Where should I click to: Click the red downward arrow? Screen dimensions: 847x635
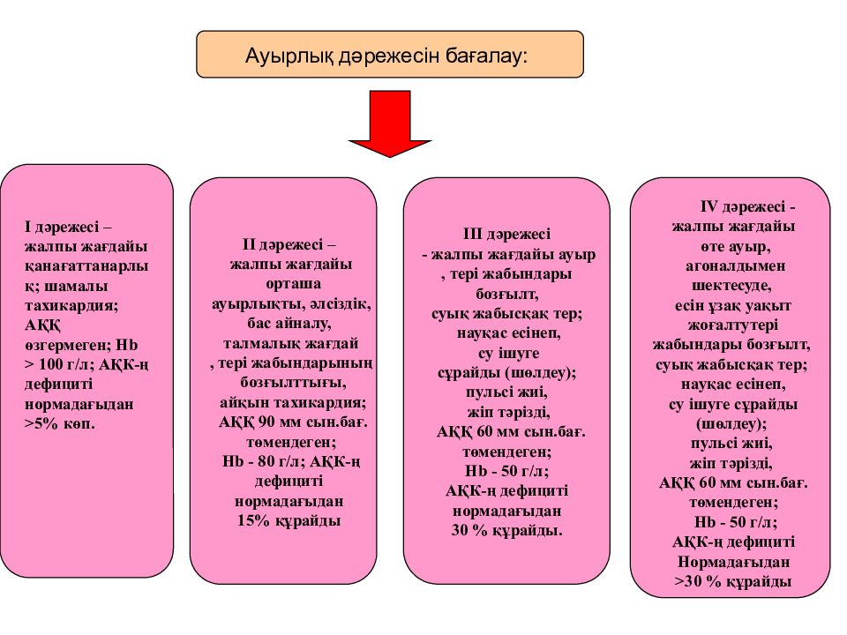[389, 123]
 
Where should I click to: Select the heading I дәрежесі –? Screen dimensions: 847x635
[68, 227]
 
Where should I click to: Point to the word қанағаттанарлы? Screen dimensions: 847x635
[86, 266]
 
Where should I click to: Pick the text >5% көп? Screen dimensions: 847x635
[59, 423]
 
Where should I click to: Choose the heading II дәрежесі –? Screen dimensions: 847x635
[289, 244]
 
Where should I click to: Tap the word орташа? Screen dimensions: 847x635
[293, 284]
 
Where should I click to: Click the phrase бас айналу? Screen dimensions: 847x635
[289, 324]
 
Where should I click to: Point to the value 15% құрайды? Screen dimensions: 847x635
[289, 521]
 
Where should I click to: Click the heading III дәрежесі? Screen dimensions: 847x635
[506, 234]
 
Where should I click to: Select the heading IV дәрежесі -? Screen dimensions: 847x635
[747, 206]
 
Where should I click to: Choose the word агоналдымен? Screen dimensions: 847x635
[735, 266]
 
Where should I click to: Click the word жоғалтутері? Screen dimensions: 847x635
[732, 325]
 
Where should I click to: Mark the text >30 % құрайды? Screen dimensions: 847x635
[733, 582]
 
